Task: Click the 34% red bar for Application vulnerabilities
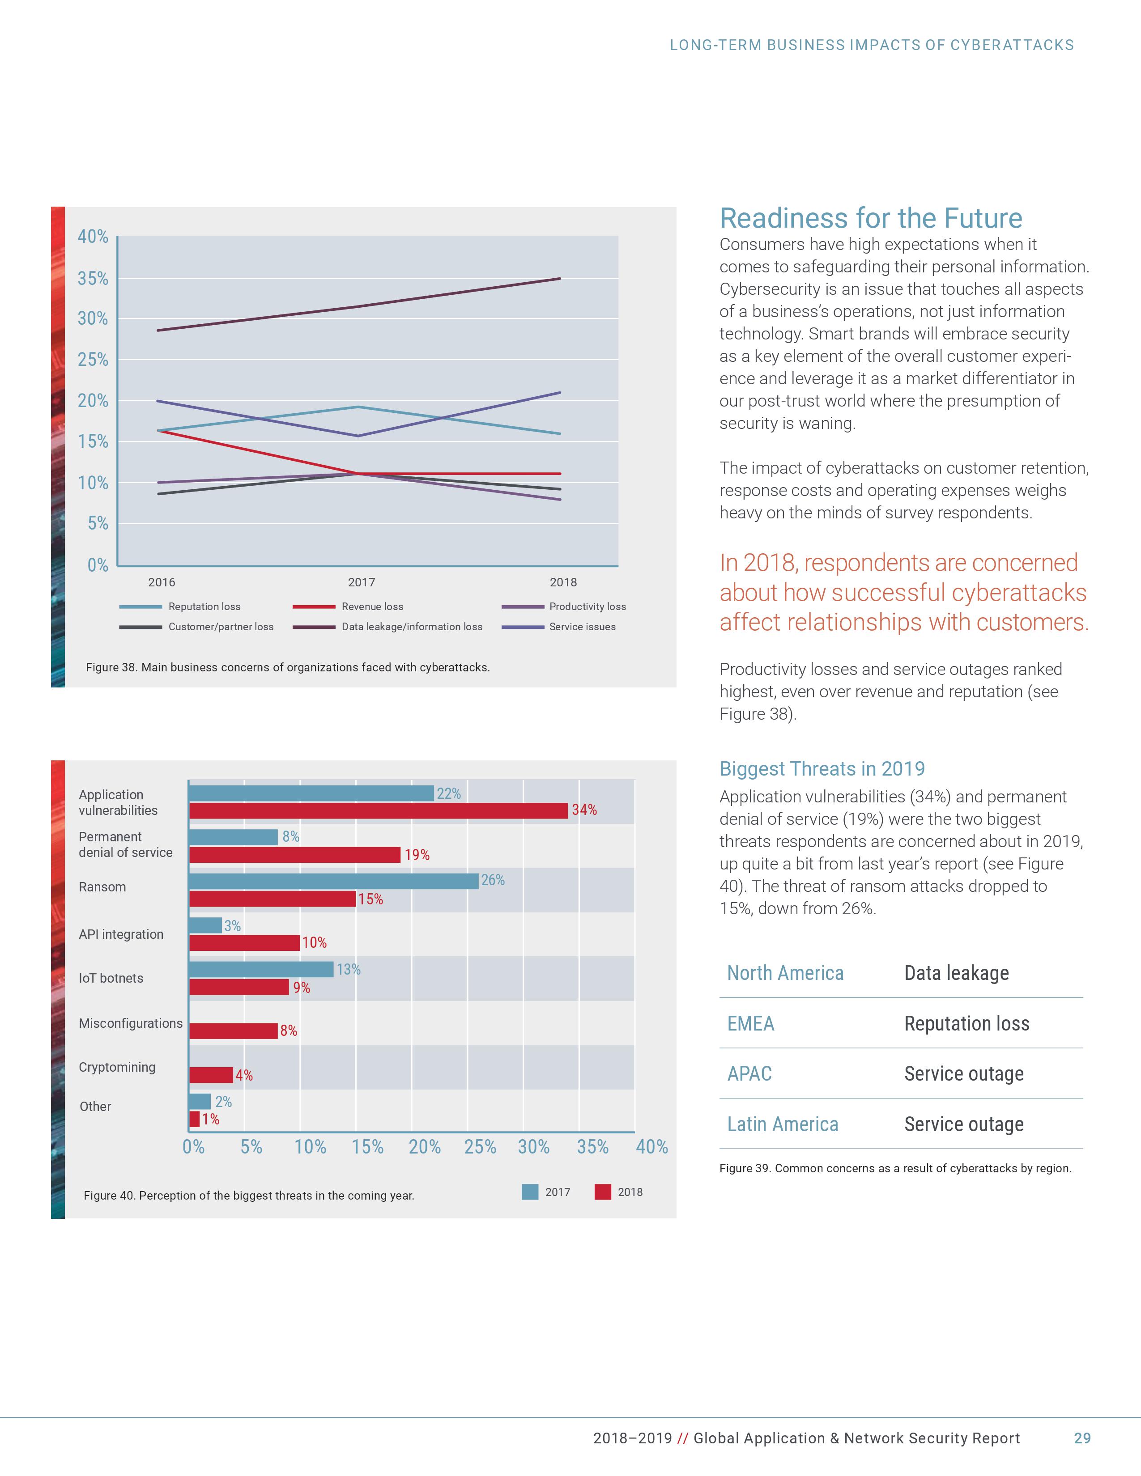[x=379, y=810]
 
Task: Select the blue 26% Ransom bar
[x=334, y=881]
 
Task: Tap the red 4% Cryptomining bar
[x=211, y=1074]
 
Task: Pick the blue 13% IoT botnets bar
[x=262, y=969]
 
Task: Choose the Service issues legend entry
[x=582, y=627]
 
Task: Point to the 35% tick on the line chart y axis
[x=93, y=279]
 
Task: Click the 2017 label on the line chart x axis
[x=362, y=582]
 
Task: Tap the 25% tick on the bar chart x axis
[x=480, y=1147]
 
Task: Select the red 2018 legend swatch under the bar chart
[x=602, y=1192]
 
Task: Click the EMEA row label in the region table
[x=750, y=1023]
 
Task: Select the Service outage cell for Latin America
[x=964, y=1124]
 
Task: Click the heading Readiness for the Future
[x=871, y=218]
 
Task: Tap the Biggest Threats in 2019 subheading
[x=822, y=768]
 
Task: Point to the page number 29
[x=1082, y=1438]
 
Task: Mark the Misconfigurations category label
[x=131, y=1023]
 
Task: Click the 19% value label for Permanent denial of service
[x=417, y=855]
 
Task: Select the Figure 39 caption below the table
[x=895, y=1168]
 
